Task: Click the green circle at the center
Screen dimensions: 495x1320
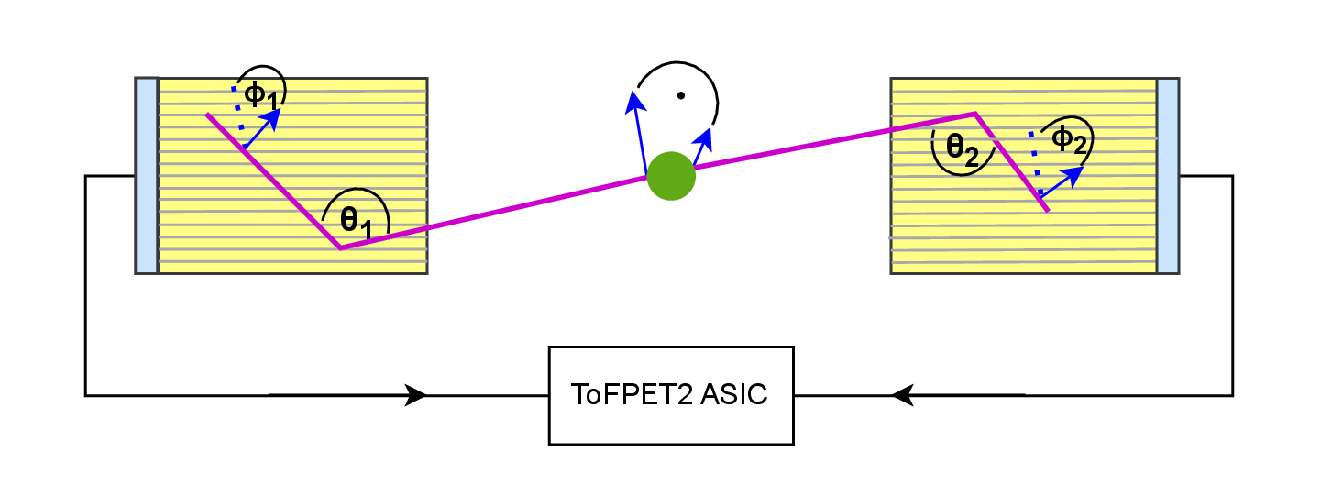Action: (x=671, y=176)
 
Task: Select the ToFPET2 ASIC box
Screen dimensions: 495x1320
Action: (x=670, y=395)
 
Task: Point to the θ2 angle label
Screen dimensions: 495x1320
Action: (x=962, y=149)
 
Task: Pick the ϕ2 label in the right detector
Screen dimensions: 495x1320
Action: (x=1068, y=139)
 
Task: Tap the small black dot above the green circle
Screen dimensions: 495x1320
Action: (x=680, y=95)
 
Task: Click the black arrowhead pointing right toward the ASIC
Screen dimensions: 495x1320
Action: (x=415, y=395)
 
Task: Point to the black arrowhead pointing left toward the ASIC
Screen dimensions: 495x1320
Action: (x=903, y=395)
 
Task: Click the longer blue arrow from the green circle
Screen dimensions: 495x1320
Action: (x=638, y=128)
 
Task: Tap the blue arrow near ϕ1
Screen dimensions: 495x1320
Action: (x=263, y=127)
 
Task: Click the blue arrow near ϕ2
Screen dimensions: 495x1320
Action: (x=1059, y=182)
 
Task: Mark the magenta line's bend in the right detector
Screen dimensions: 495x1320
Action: (x=975, y=114)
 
